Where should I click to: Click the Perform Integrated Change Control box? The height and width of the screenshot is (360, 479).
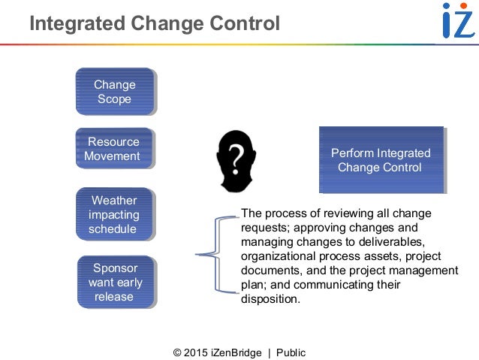point(381,160)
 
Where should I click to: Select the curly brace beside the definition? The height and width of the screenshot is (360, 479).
point(214,255)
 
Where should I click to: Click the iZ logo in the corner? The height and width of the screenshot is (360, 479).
point(456,20)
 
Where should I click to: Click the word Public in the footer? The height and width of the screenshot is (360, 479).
point(291,352)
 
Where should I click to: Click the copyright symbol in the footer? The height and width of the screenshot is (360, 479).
point(178,352)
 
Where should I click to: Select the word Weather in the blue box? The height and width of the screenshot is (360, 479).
point(114,201)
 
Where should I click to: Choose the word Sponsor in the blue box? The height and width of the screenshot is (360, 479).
point(114,268)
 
